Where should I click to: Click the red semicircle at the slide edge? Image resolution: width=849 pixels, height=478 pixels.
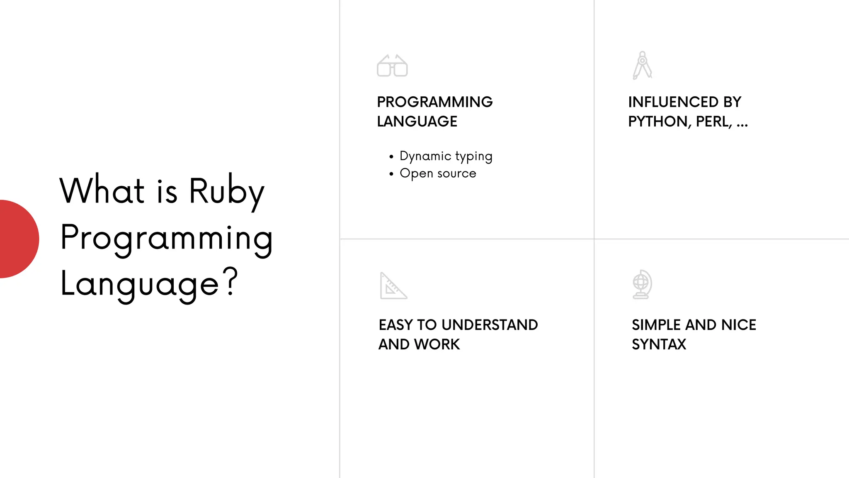(18, 239)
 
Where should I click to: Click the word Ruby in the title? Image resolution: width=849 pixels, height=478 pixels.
(227, 192)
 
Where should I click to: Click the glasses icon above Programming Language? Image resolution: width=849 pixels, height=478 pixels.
(392, 66)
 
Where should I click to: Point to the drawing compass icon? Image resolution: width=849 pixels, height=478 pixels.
(642, 65)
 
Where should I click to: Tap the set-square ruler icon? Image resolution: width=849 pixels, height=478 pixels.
(393, 286)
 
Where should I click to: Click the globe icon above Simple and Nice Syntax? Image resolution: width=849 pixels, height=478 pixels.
(642, 284)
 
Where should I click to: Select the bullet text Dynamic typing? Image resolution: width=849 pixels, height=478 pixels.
(446, 156)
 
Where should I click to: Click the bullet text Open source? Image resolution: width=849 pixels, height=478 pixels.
(438, 173)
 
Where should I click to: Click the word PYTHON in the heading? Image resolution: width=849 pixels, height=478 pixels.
(659, 122)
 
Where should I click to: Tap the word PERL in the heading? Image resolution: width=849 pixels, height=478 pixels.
(714, 122)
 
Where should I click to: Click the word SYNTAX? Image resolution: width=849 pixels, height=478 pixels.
(659, 344)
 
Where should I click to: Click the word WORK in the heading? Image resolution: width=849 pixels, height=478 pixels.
(437, 344)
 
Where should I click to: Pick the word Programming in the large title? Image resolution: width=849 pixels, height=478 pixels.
(166, 238)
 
